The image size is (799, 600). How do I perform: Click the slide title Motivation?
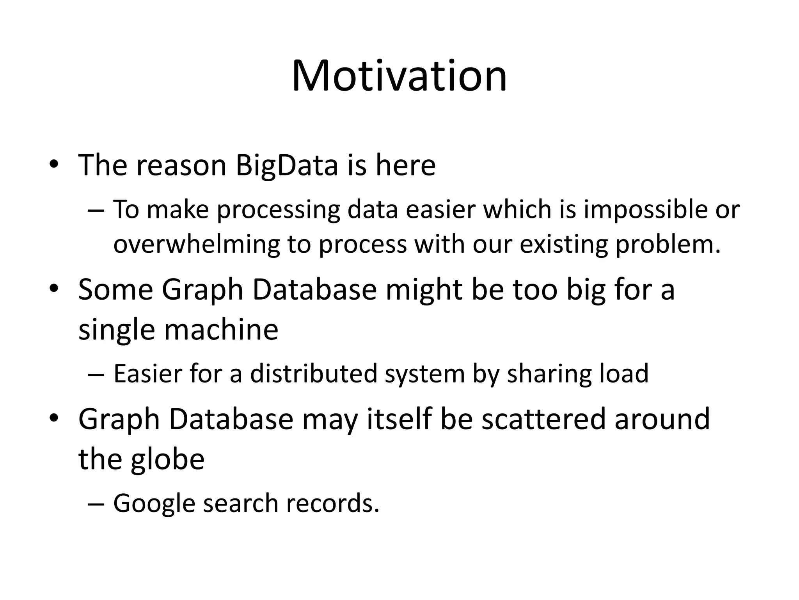click(399, 76)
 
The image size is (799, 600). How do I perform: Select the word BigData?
click(287, 165)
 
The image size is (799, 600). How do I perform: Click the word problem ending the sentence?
click(667, 245)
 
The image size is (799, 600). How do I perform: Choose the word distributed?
click(313, 373)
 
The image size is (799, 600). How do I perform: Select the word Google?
click(154, 504)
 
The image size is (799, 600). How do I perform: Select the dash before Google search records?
click(96, 504)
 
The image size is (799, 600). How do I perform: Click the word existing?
click(564, 245)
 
